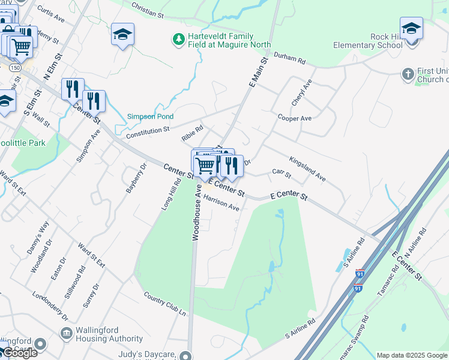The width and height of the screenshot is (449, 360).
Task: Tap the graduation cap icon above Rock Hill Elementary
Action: [411, 29]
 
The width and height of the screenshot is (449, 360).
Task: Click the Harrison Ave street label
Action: [221, 204]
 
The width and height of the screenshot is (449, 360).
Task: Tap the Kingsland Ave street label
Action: [307, 169]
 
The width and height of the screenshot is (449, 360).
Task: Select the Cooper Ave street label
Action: [294, 118]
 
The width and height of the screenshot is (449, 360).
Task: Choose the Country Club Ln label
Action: [164, 304]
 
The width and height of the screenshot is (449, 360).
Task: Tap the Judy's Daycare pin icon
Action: [190, 355]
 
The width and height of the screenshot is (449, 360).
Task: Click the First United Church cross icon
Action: [408, 73]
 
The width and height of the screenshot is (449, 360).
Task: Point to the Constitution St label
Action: [148, 132]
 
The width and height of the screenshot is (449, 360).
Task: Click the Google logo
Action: [20, 353]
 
